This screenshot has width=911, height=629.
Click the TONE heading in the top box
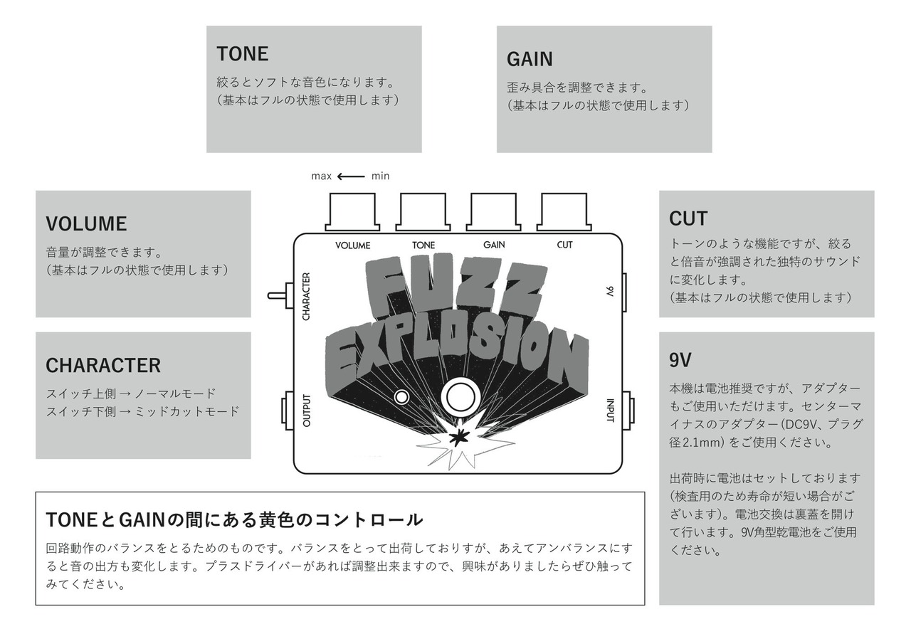coord(242,54)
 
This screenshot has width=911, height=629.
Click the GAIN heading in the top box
coord(530,59)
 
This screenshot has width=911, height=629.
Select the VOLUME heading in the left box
coord(86,224)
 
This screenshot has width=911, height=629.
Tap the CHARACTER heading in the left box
coord(103,366)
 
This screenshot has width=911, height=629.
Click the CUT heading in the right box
coord(688,218)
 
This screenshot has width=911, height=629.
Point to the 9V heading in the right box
coord(680,360)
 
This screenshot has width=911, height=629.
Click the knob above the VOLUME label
coord(352,211)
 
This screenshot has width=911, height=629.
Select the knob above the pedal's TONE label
coord(423,211)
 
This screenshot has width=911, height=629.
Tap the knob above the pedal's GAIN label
coord(493,211)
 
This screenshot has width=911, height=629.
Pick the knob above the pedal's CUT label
coord(564,211)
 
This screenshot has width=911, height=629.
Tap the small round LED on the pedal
coord(403,396)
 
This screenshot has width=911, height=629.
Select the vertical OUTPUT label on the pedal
coord(307,410)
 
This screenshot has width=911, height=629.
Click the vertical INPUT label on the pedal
coord(610,409)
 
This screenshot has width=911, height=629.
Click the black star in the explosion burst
coord(463,435)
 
